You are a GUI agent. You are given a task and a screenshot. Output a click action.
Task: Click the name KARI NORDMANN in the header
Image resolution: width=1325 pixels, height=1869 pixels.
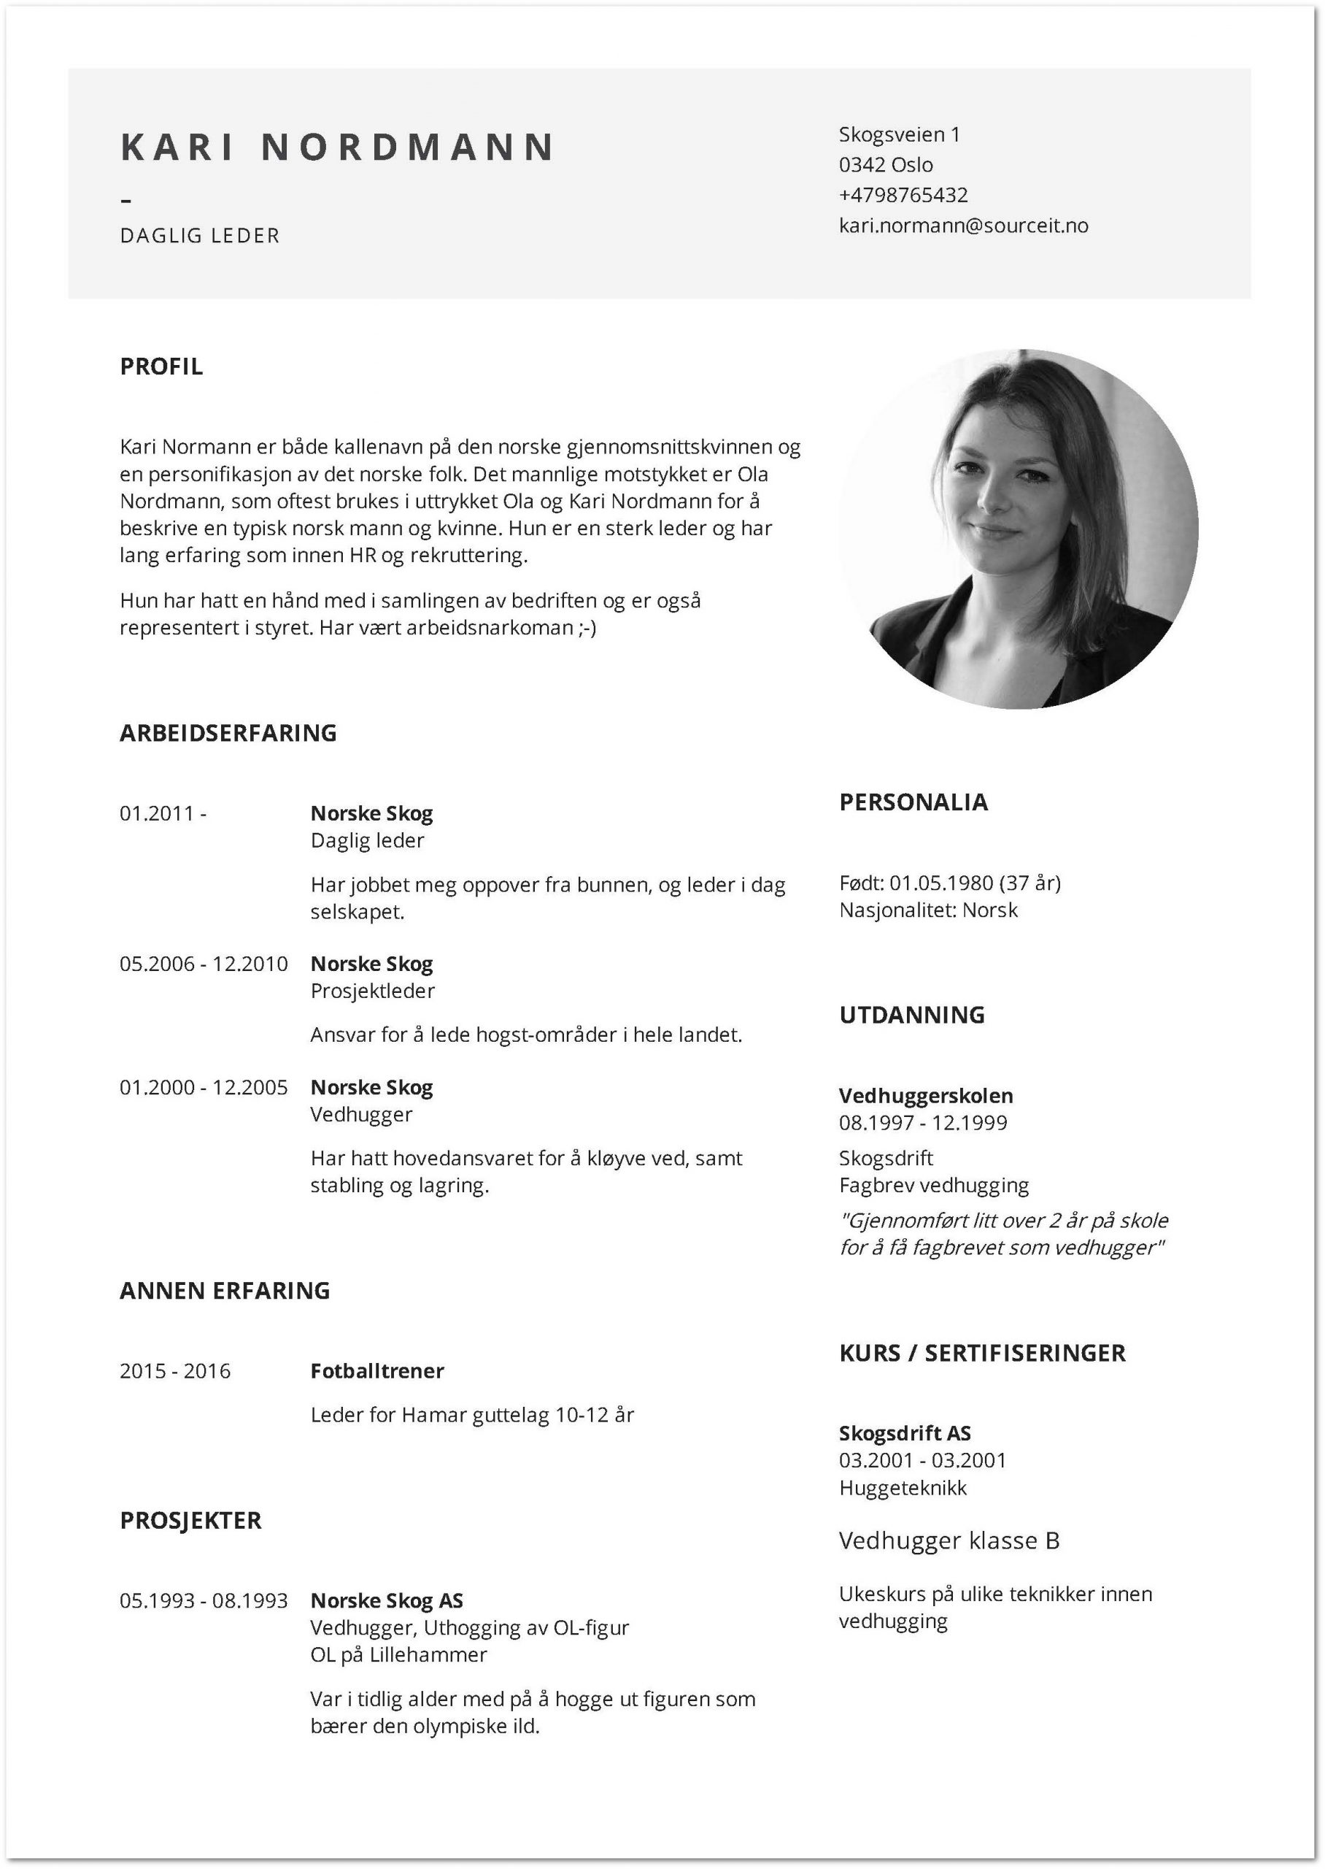click(337, 147)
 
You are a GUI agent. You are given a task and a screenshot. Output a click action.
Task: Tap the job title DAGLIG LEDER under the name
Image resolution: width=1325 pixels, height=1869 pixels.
click(200, 236)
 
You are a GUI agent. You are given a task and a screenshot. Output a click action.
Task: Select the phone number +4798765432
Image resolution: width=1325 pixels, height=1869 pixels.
click(903, 195)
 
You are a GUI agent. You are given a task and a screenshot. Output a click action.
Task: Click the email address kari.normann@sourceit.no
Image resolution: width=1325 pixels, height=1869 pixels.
click(963, 226)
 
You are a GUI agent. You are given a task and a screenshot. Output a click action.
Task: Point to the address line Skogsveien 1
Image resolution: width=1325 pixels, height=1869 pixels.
click(899, 134)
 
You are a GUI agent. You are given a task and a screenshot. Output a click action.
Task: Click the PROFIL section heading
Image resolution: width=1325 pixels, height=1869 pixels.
click(161, 366)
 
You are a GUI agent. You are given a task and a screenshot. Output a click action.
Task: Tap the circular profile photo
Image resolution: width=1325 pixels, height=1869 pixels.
click(1019, 529)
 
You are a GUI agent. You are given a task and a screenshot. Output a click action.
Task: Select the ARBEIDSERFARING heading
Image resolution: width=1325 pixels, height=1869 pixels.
click(228, 733)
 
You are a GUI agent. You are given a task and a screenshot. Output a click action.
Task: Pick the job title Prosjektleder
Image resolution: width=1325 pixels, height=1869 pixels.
click(373, 991)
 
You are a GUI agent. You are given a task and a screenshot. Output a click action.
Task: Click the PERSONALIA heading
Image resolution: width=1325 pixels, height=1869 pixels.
click(913, 802)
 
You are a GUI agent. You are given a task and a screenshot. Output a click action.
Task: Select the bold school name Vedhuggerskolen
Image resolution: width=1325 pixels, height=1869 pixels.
click(926, 1096)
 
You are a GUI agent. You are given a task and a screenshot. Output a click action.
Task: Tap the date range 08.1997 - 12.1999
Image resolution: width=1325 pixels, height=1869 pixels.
click(923, 1123)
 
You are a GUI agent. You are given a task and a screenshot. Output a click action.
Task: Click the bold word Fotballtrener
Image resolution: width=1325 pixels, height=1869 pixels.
click(377, 1371)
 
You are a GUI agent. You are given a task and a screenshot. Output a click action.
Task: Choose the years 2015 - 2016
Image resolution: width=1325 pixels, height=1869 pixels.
click(175, 1371)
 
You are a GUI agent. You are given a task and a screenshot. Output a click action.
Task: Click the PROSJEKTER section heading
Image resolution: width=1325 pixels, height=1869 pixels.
click(191, 1521)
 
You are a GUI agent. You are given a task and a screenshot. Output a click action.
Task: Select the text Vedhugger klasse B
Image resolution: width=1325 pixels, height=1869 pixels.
click(949, 1541)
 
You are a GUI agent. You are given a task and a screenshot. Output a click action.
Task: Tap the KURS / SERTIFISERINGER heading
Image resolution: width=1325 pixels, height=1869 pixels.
click(982, 1353)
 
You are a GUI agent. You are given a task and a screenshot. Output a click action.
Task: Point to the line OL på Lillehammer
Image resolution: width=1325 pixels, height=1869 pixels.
click(398, 1655)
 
